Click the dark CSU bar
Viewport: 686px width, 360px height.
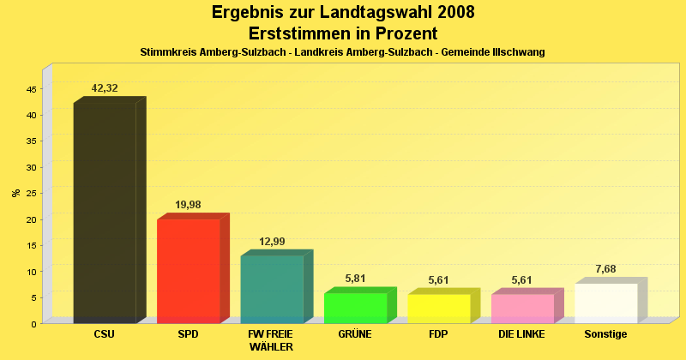pyautogui.click(x=105, y=213)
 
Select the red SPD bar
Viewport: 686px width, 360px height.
pyautogui.click(x=188, y=271)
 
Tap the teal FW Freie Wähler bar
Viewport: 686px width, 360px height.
pyautogui.click(x=271, y=289)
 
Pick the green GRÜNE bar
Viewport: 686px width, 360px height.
pyautogui.click(x=355, y=308)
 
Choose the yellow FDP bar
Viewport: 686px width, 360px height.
pyautogui.click(x=438, y=309)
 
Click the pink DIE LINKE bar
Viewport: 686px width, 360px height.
pyautogui.click(x=521, y=309)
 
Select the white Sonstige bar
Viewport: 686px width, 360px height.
pyautogui.click(x=605, y=303)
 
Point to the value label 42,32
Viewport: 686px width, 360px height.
pyautogui.click(x=105, y=88)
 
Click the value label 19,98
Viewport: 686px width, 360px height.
pyautogui.click(x=188, y=205)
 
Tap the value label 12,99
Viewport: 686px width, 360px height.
pyautogui.click(x=272, y=242)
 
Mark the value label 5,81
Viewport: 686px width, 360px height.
pyautogui.click(x=355, y=279)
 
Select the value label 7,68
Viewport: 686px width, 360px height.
pyautogui.click(x=605, y=269)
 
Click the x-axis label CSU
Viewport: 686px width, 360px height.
pyautogui.click(x=105, y=334)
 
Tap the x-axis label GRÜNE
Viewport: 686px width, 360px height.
pyautogui.click(x=355, y=334)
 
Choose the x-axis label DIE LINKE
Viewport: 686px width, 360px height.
pyautogui.click(x=521, y=334)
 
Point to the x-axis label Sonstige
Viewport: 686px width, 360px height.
pyautogui.click(x=605, y=334)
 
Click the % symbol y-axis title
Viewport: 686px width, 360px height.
pyautogui.click(x=15, y=193)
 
